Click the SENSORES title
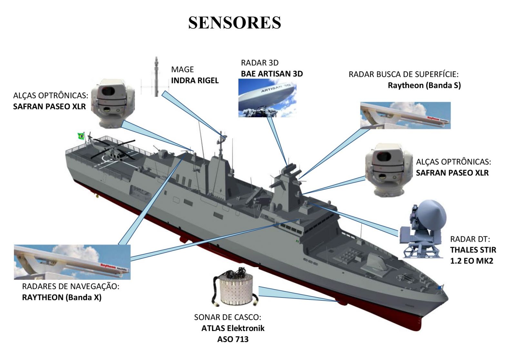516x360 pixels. (x=234, y=23)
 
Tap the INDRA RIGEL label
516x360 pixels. (x=195, y=81)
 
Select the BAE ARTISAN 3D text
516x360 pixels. (x=272, y=74)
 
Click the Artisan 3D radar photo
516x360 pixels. (x=267, y=98)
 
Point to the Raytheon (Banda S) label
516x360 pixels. (x=424, y=85)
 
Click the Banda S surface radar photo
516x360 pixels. (x=405, y=115)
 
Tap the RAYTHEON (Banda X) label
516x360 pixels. (x=62, y=297)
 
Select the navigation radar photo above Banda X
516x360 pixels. (x=72, y=262)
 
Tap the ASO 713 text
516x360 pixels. (x=233, y=339)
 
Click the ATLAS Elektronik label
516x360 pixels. (x=233, y=328)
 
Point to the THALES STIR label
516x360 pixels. (x=473, y=250)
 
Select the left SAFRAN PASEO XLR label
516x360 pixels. (x=49, y=107)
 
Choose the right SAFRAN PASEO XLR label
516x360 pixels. (x=452, y=173)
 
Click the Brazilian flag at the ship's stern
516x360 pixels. (x=81, y=136)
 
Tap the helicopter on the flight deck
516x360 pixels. (x=113, y=150)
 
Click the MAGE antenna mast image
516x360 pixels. (x=156, y=77)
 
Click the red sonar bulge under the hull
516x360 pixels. (x=342, y=302)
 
